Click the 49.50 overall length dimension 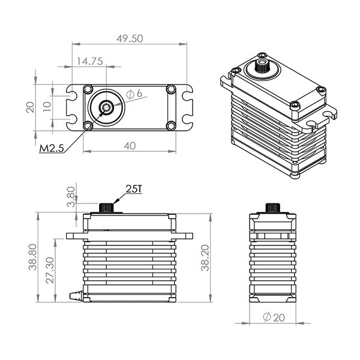(129, 38)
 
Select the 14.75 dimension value (88, 61)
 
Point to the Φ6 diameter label (134, 94)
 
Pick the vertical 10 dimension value (46, 107)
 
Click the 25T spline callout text (133, 190)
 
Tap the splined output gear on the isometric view (262, 65)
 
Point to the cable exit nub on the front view (75, 295)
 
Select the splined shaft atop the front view (106, 207)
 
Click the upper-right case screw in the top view (170, 90)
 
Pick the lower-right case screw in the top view (170, 125)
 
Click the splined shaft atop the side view (272, 208)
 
